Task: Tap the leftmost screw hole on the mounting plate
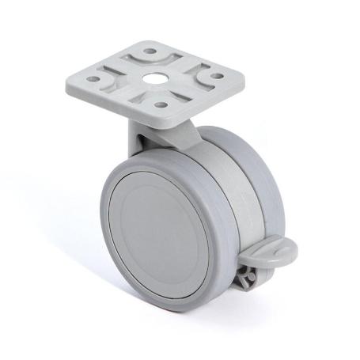94,79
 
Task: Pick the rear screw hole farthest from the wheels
149,52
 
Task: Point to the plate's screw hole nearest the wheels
161,104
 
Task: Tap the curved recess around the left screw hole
108,79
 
